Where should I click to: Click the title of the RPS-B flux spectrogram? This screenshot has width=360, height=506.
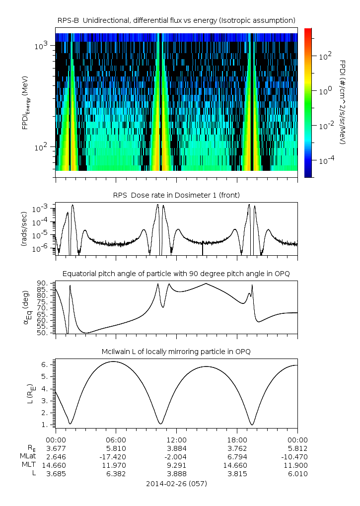(x=177, y=20)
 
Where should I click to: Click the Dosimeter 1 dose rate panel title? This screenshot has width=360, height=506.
(x=177, y=194)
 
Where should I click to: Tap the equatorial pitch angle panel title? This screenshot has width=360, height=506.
(x=176, y=274)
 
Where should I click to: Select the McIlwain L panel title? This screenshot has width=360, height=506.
(x=176, y=352)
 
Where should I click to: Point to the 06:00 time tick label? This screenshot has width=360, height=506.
(x=116, y=439)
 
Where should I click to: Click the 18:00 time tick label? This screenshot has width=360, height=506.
(x=237, y=439)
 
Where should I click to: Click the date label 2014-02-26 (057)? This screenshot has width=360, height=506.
(x=176, y=483)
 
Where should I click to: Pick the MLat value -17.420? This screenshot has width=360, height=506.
(x=116, y=456)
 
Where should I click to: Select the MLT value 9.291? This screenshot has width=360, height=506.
(x=176, y=465)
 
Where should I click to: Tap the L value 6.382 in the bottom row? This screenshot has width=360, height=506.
(x=116, y=473)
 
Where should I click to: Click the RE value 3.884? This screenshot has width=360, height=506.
(x=176, y=448)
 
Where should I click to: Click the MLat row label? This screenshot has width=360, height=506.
(x=28, y=456)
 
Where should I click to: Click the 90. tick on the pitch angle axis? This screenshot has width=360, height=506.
(x=42, y=283)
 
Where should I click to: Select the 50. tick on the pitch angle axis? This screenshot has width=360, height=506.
(x=42, y=333)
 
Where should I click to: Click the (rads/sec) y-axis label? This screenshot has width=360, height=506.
(x=23, y=229)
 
